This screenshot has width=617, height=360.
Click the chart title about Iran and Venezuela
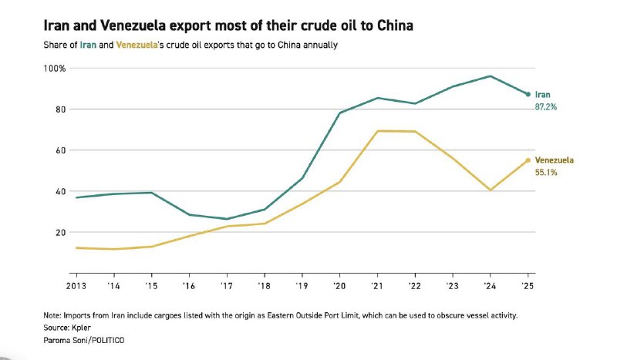point(228,26)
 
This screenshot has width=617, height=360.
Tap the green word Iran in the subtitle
point(89,45)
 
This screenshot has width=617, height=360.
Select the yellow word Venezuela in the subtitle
point(135,45)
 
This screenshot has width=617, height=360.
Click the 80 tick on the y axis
point(59,109)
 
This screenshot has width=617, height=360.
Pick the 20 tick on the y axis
point(59,232)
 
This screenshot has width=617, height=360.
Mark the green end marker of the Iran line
point(528,94)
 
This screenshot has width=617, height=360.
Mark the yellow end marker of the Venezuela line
point(528,160)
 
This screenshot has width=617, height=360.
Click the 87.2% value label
point(545,107)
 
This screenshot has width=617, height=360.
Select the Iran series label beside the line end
point(542,94)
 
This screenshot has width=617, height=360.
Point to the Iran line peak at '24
point(491,76)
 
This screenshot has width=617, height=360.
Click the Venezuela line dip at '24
point(491,190)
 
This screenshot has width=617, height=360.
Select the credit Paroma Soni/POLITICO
point(85,340)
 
